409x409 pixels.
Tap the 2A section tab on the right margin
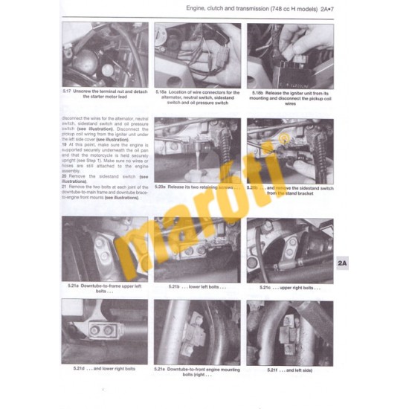point(342,263)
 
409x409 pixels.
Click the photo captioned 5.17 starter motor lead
point(104,55)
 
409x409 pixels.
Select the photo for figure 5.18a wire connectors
point(197,55)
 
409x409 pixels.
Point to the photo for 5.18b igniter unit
point(290,55)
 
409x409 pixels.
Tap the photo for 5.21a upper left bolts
point(104,250)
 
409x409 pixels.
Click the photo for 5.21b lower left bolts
point(197,250)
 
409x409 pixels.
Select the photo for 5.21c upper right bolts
point(290,250)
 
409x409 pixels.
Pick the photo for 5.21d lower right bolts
point(104,332)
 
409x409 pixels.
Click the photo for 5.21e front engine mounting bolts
point(197,332)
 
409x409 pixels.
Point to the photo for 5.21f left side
point(290,332)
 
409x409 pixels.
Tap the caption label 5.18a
point(161,91)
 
